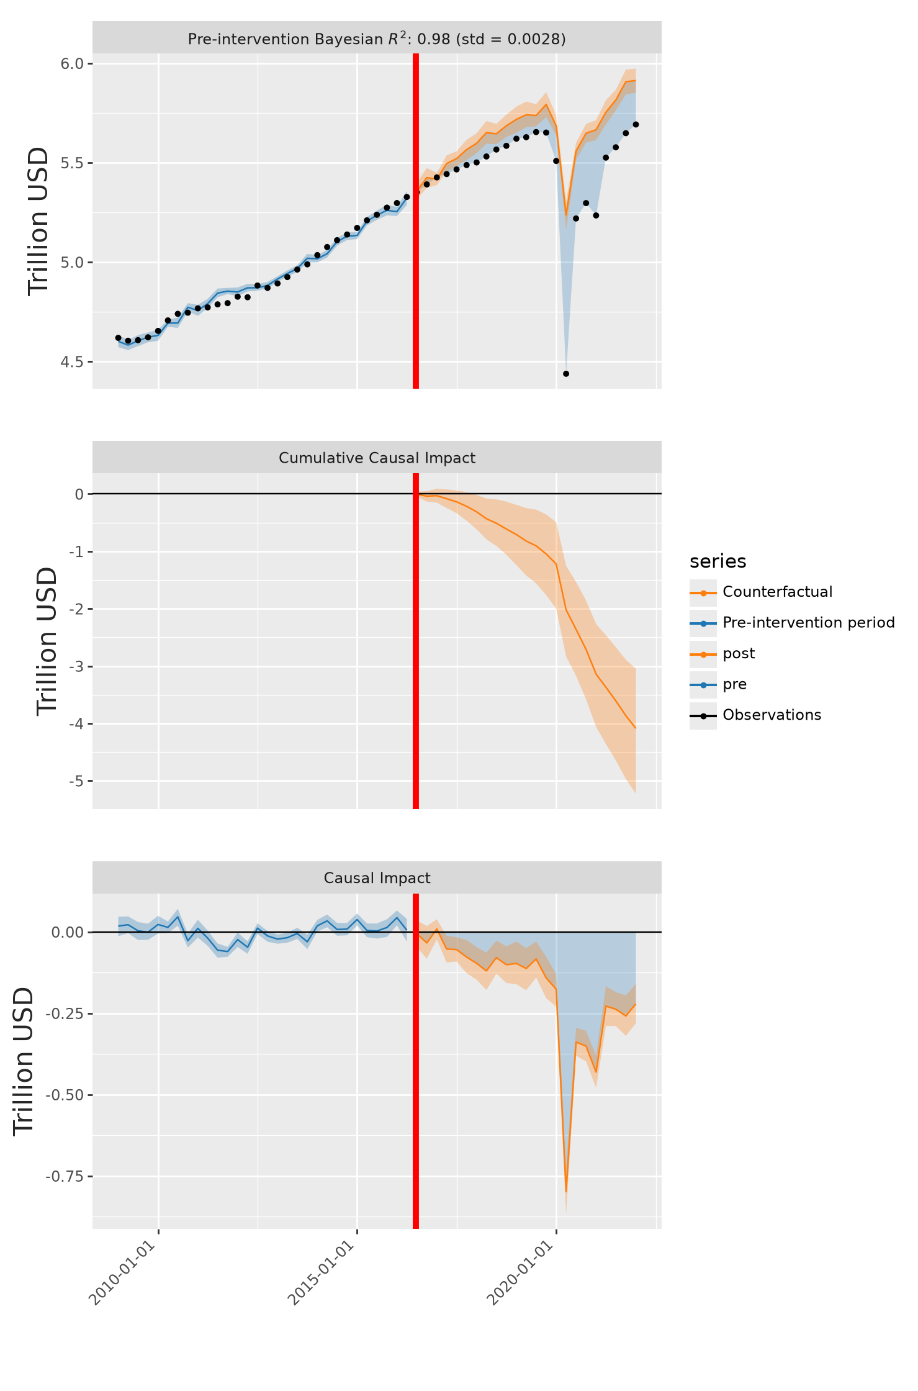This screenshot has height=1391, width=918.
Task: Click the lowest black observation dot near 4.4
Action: pyautogui.click(x=566, y=374)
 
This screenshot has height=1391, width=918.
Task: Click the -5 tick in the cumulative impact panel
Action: pyautogui.click(x=76, y=781)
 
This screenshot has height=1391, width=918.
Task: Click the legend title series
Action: pyautogui.click(x=718, y=561)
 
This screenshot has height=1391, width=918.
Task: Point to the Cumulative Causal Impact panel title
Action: pyautogui.click(x=377, y=458)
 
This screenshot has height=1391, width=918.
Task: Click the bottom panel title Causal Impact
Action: pyautogui.click(x=377, y=878)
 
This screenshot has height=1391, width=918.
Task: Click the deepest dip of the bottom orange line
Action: pyautogui.click(x=566, y=1191)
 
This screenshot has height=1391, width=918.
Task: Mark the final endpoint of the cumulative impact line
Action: pyautogui.click(x=636, y=728)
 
